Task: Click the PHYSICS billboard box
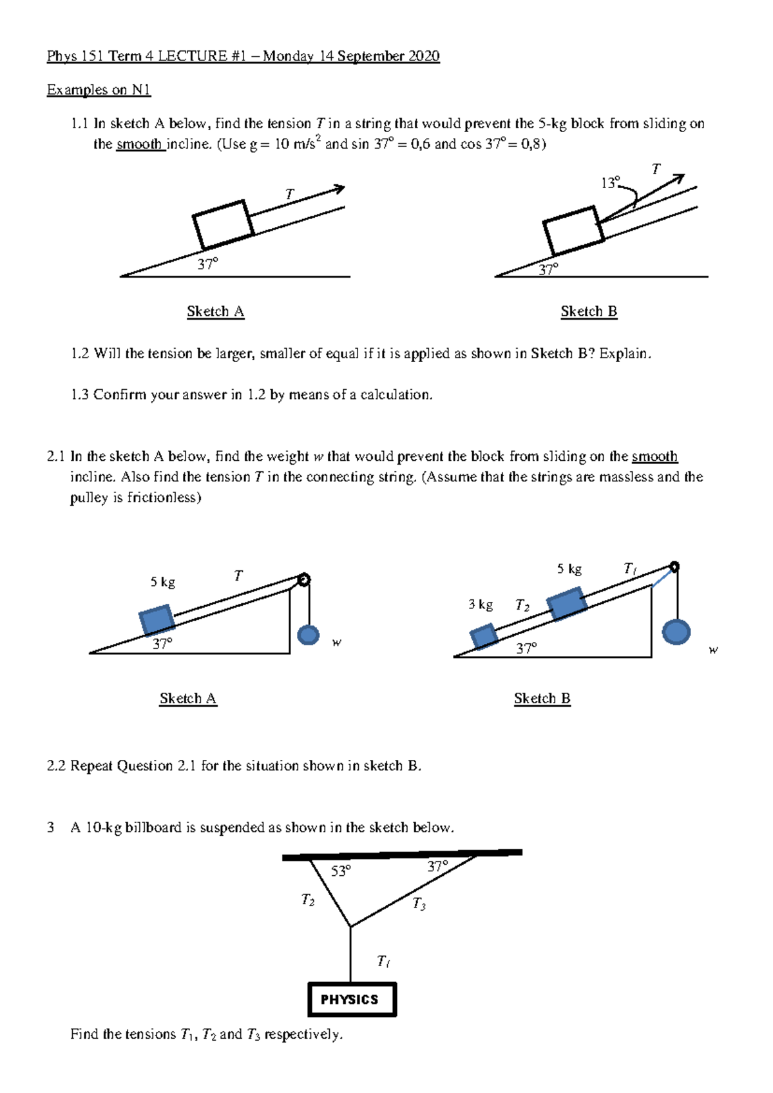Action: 352,1000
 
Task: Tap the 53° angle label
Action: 341,871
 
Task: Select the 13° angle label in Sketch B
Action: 610,183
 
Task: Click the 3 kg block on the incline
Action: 484,636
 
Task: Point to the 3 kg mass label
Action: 481,605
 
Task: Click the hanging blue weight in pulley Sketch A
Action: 309,635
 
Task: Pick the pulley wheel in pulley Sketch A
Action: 303,579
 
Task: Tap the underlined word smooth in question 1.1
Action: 139,144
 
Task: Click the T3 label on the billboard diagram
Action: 419,904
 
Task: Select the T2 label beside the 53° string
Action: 308,900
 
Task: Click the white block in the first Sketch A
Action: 223,224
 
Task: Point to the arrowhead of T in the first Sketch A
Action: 339,189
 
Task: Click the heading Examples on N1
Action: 99,90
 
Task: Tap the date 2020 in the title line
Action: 423,56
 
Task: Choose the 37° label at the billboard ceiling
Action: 437,867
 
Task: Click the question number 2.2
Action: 56,766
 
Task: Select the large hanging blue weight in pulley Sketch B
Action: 676,632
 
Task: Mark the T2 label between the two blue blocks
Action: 522,605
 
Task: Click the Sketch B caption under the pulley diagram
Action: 542,699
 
